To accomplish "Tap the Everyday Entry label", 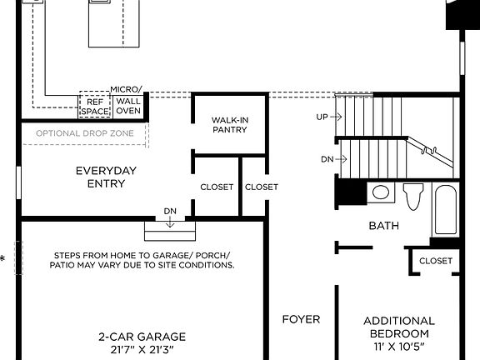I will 106,177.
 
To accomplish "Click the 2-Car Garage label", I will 142,337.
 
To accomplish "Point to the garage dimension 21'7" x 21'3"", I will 142,350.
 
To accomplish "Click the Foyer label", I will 301,319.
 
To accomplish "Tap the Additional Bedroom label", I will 398,327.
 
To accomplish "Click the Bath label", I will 383,225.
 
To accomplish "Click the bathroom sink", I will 381,193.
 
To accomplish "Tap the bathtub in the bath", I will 444,211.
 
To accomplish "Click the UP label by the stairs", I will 322,117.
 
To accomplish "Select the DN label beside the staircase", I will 327,158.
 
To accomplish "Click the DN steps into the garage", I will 170,225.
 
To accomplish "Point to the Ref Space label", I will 93,106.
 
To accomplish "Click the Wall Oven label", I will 128,105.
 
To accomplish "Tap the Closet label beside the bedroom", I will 436,261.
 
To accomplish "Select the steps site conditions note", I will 143,260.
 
